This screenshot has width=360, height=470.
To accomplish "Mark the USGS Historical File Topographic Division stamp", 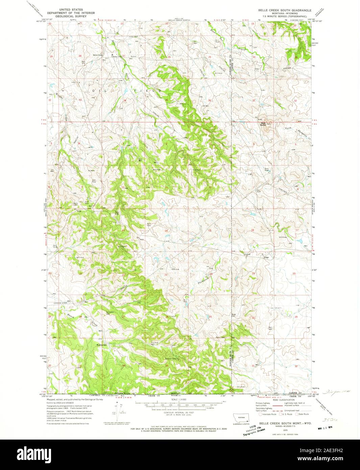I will tap(254, 427).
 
